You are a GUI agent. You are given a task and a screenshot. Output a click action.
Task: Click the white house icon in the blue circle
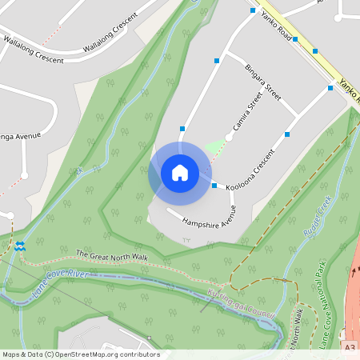179,173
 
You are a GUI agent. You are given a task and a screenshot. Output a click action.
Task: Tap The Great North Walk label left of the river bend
112,256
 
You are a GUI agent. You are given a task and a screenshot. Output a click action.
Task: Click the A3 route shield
350,347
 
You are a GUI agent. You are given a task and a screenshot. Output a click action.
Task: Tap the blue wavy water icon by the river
20,246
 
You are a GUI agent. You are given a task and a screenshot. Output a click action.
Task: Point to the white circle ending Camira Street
229,137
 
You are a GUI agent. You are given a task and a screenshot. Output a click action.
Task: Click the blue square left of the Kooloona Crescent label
214,186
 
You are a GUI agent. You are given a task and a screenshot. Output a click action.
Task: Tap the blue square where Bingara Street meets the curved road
216,60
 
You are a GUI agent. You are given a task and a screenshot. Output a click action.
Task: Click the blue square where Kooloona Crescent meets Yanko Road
330,89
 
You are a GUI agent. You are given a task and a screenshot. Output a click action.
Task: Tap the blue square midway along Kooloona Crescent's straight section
286,134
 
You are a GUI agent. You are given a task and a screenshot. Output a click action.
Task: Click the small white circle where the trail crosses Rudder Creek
284,280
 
